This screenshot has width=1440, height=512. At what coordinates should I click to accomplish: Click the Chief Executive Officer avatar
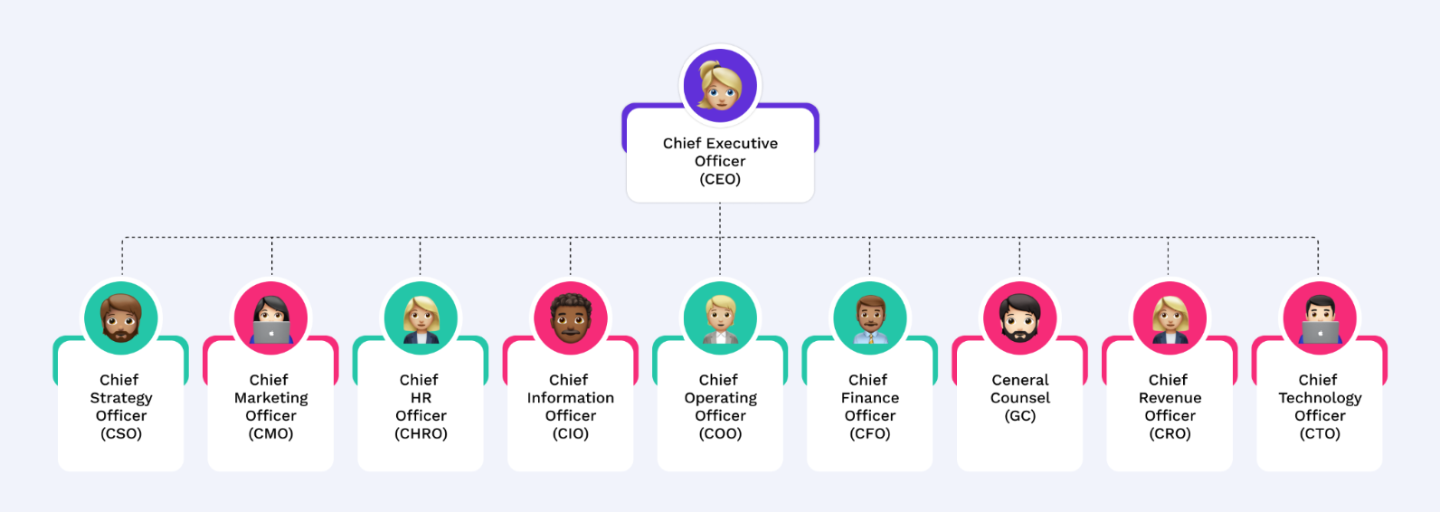[720, 86]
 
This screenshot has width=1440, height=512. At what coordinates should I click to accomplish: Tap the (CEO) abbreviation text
[720, 179]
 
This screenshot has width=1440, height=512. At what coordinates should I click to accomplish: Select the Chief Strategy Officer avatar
[121, 318]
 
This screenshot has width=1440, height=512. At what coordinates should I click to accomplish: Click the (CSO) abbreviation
[121, 433]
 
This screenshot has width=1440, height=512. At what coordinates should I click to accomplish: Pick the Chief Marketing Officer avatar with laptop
[270, 318]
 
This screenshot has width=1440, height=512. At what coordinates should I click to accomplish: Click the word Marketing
[270, 398]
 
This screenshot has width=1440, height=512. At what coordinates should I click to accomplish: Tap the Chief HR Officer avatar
[421, 318]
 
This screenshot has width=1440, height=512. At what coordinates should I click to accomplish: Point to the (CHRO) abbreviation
[421, 433]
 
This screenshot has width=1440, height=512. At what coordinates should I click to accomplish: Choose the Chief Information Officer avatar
[570, 318]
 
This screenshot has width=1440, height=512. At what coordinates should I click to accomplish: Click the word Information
[570, 398]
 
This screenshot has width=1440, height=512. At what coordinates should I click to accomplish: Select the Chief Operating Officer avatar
[720, 318]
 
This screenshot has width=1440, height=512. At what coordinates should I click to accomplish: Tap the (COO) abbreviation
[720, 433]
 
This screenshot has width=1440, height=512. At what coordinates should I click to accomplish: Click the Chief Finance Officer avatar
[870, 318]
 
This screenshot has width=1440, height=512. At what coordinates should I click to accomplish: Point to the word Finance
[870, 398]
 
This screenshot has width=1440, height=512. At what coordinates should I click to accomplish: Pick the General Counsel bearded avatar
[1019, 318]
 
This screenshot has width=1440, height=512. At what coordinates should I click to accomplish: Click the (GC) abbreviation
[1019, 416]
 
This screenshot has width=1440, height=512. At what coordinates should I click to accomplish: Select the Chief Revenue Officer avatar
[1170, 318]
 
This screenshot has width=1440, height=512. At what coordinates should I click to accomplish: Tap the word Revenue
[1170, 398]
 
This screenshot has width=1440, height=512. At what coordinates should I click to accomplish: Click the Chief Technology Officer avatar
[1320, 318]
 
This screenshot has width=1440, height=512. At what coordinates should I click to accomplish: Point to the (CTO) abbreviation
[1320, 433]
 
